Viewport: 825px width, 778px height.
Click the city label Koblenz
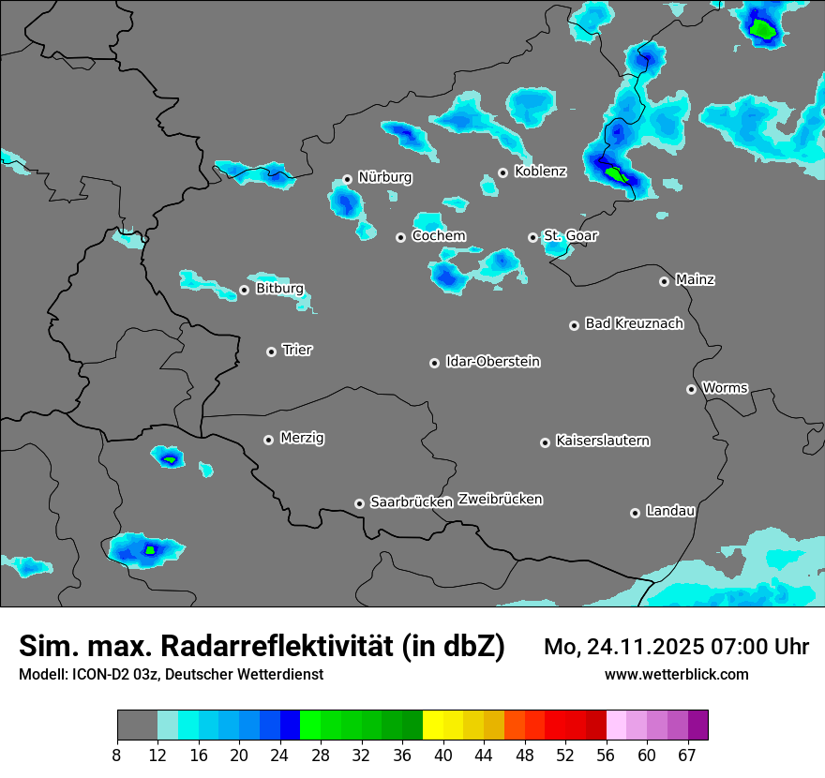click(540, 172)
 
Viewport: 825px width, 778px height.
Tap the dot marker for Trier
click(272, 352)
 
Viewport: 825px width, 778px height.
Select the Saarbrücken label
click(412, 502)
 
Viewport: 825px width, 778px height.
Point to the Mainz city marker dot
click(664, 281)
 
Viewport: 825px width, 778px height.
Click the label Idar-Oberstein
click(492, 362)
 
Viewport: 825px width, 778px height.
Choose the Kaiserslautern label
click(602, 441)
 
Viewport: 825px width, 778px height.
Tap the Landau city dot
click(635, 513)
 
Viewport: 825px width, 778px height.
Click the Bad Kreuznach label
click(634, 323)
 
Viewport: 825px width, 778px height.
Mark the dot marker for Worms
click(691, 389)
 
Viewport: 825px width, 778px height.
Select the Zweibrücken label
click(500, 500)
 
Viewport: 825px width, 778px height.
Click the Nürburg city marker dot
click(347, 179)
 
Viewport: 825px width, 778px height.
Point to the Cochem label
click(439, 236)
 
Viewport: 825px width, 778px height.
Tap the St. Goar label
click(570, 236)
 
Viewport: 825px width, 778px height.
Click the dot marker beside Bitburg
click(244, 290)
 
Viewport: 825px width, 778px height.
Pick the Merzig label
click(302, 438)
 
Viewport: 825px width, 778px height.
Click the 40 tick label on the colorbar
click(443, 755)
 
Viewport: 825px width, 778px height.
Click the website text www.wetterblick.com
click(676, 675)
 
